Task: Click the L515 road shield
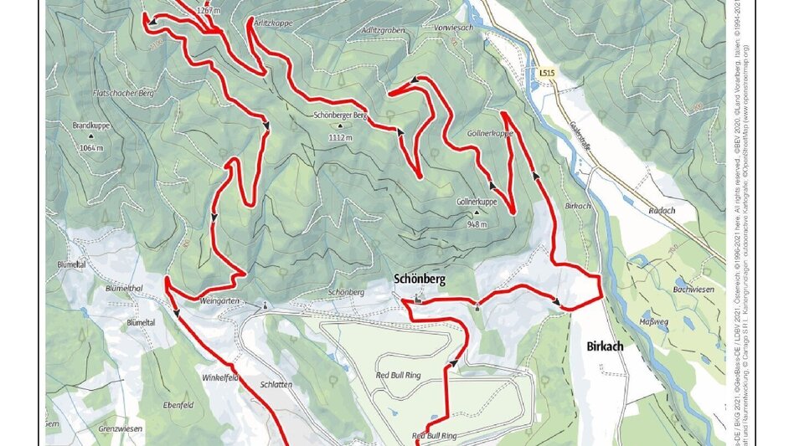click(x=548, y=74)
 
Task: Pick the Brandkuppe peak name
click(x=91, y=126)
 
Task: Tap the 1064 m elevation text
click(x=90, y=147)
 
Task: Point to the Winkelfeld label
click(x=220, y=377)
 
